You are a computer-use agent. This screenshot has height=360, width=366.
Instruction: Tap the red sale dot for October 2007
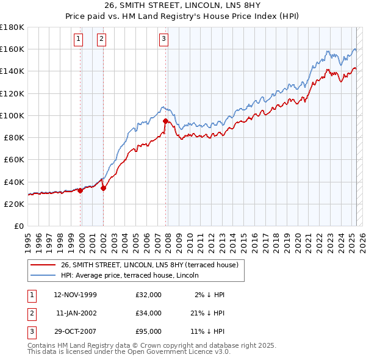[x=165, y=121]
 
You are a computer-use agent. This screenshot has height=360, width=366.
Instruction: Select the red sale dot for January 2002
[x=103, y=188]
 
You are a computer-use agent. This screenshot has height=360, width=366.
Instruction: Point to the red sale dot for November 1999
[x=81, y=190]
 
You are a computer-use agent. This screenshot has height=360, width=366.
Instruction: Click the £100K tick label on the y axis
[x=12, y=115]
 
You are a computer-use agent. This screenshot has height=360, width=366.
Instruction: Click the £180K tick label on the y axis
[x=12, y=27]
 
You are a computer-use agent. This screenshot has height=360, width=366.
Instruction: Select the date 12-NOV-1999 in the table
[x=76, y=295]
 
